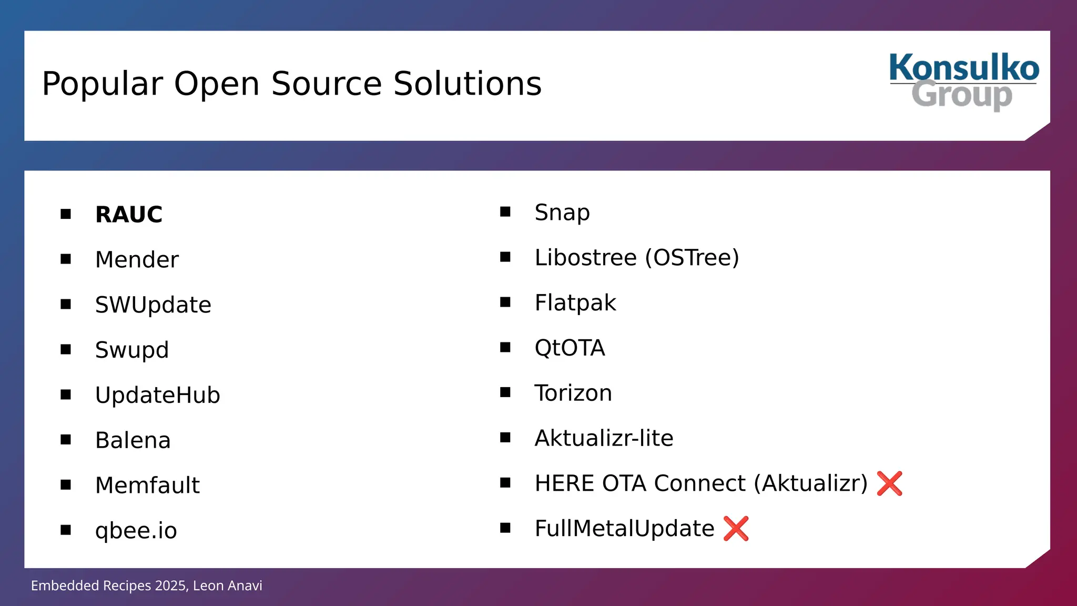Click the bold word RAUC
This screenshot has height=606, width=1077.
(129, 215)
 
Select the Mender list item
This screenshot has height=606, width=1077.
(137, 260)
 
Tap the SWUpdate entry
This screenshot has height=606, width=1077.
(153, 305)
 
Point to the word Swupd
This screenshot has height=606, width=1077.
(132, 350)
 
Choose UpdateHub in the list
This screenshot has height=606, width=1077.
(157, 396)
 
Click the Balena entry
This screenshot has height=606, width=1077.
(133, 440)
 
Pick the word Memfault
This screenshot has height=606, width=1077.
(147, 486)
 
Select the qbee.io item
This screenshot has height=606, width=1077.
(136, 530)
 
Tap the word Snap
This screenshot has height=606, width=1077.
(562, 213)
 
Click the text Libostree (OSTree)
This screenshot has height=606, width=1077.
(637, 258)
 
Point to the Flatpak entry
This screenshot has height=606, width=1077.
(575, 303)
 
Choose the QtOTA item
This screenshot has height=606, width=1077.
(570, 348)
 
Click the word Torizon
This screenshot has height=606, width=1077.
(573, 393)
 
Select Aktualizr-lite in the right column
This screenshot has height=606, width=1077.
(604, 438)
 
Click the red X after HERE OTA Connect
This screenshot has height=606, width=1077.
(889, 483)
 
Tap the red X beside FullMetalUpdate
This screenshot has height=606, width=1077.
(736, 529)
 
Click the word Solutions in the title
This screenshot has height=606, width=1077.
(468, 84)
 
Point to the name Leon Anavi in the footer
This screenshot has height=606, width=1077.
(227, 586)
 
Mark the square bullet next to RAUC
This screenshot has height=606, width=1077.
(66, 214)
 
